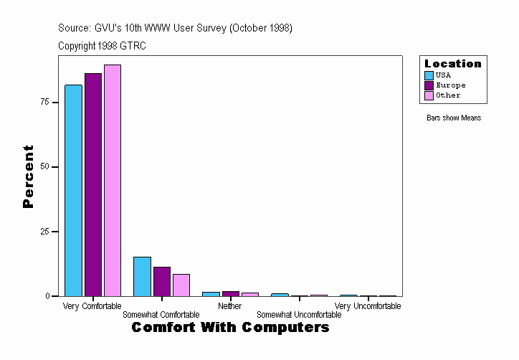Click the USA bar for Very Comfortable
73,190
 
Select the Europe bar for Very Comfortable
93,184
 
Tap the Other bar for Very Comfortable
113,180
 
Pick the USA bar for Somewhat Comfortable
142,276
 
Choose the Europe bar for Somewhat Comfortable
162,281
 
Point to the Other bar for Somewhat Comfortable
181,285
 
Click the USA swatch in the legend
429,75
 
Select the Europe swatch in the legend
429,85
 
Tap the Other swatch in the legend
429,95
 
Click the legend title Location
453,64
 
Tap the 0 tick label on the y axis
47,296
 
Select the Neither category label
229,306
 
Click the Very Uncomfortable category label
368,306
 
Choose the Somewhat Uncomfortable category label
299,315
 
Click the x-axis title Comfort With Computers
230,328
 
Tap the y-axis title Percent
28,176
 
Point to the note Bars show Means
454,118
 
